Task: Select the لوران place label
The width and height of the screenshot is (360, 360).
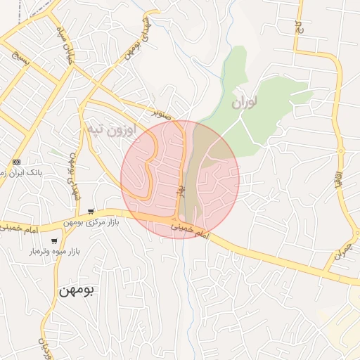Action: (245, 103)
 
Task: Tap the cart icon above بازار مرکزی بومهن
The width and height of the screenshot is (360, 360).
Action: (91, 211)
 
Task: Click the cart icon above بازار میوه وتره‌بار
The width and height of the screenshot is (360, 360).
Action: (54, 241)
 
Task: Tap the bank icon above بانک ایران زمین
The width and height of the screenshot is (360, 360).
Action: (16, 162)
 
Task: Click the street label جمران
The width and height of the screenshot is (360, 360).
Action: (341, 255)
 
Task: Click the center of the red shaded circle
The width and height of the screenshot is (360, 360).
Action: (180, 179)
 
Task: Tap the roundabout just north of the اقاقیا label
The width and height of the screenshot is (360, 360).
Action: (341, 149)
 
